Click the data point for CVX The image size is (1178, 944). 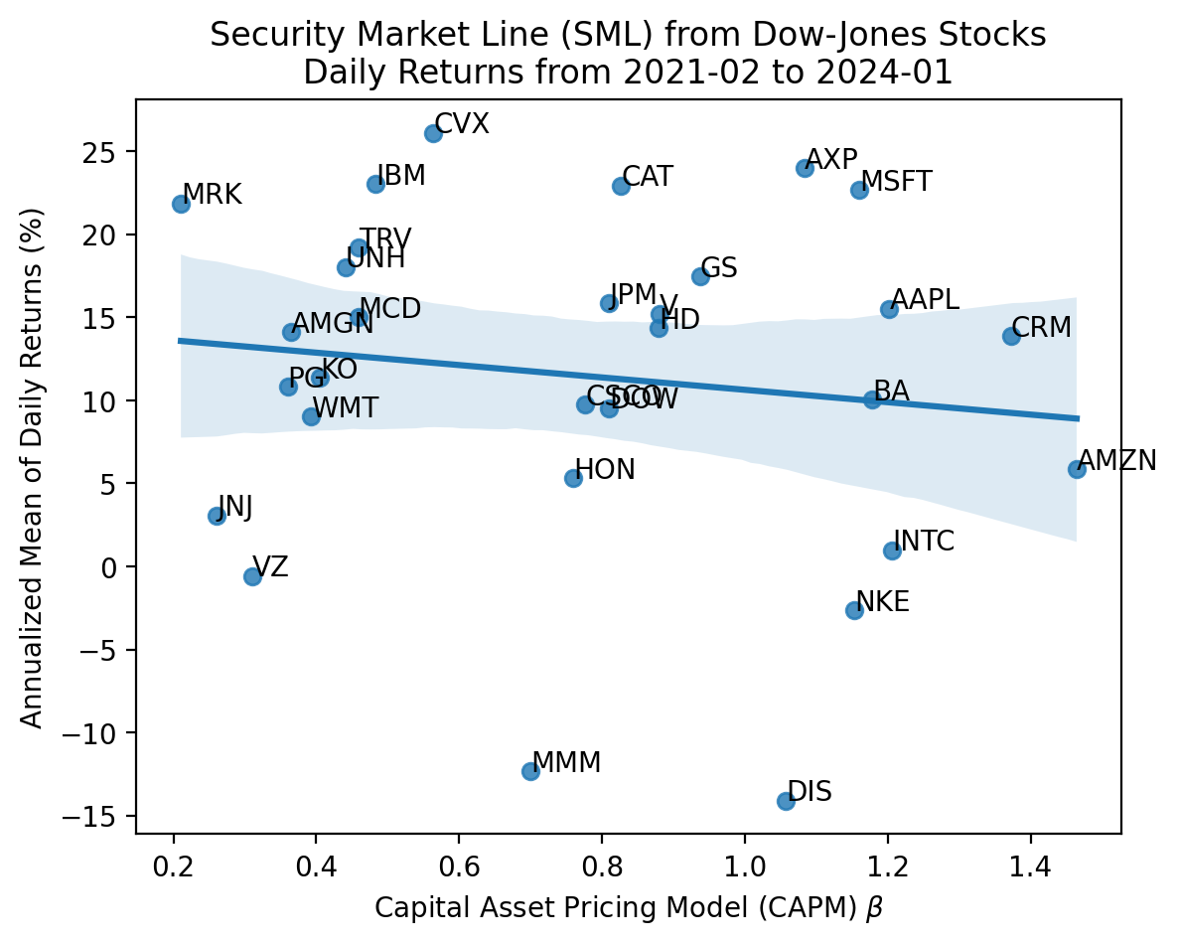(x=433, y=133)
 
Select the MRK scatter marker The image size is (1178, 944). (x=181, y=204)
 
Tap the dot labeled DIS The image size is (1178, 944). (x=786, y=801)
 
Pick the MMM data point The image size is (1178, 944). (x=530, y=771)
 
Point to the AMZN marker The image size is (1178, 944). (x=1077, y=469)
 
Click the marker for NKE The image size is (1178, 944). (x=854, y=610)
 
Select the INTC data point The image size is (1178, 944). (x=892, y=551)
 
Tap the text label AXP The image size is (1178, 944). (x=831, y=160)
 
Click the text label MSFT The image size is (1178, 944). (x=897, y=182)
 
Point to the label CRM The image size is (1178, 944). (x=1042, y=327)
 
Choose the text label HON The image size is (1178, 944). (x=605, y=470)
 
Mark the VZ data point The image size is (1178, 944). (x=252, y=576)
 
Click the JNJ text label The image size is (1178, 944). (x=235, y=507)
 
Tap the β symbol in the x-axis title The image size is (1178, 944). (x=875, y=907)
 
